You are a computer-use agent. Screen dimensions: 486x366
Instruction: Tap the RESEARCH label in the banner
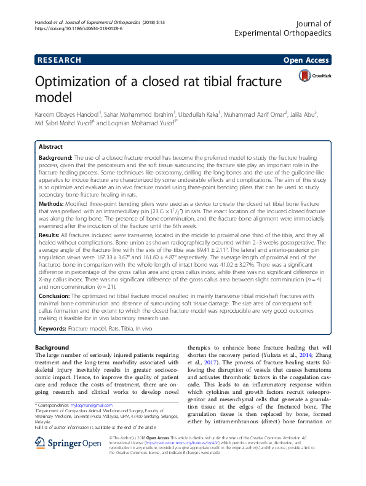[x=59, y=60]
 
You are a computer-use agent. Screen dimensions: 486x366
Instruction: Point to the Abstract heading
[x=50, y=147]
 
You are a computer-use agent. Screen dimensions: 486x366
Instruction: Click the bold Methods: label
[x=54, y=202]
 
